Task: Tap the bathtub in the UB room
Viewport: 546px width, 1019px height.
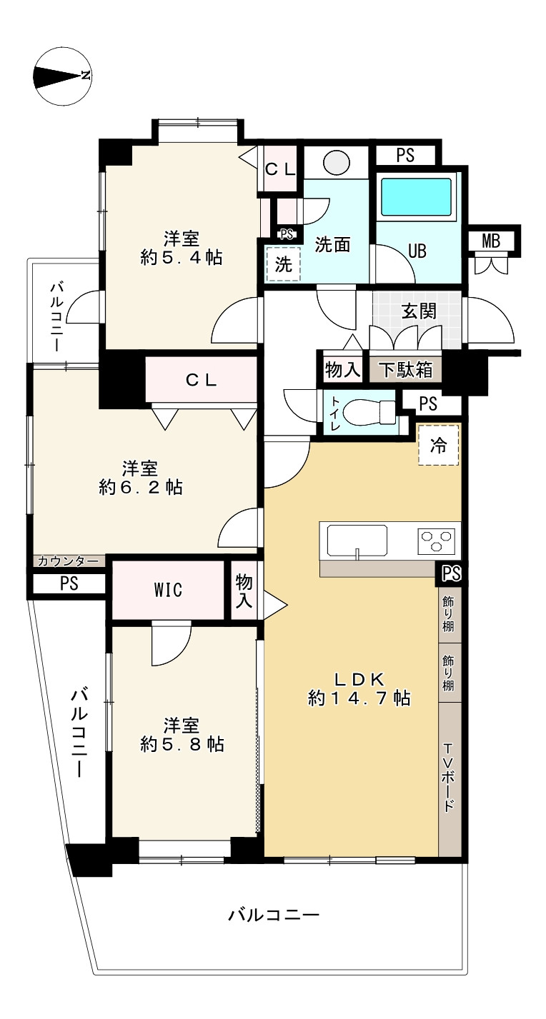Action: (x=416, y=196)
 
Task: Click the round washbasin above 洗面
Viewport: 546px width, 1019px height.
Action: (x=336, y=162)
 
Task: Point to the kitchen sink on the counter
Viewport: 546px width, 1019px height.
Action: (x=357, y=540)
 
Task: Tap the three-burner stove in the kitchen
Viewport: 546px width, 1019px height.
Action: (x=437, y=541)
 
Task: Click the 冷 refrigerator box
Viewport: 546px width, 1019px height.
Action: (x=438, y=446)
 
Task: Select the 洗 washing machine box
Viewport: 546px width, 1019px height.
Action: (x=284, y=264)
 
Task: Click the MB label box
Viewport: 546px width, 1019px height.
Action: (x=490, y=241)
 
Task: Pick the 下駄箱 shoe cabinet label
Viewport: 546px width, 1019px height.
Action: (x=405, y=369)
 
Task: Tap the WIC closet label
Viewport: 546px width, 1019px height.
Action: (x=168, y=591)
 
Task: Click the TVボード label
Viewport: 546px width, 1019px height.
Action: (x=449, y=778)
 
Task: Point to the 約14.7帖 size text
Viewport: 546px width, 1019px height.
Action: (x=359, y=698)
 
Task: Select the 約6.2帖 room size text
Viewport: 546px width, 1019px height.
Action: (x=141, y=488)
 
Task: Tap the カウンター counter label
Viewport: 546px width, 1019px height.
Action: (x=69, y=561)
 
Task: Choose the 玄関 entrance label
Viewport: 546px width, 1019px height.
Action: (x=419, y=312)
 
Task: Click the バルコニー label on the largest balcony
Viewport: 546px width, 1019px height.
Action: (x=273, y=915)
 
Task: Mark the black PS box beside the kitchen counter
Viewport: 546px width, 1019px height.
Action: (x=451, y=573)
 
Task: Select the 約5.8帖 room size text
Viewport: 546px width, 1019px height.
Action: (x=182, y=744)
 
